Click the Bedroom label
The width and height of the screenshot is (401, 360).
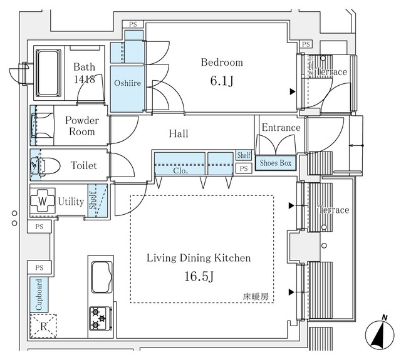point(221,63)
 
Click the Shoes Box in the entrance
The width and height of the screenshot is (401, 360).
point(276,163)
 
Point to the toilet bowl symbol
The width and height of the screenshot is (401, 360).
point(48,165)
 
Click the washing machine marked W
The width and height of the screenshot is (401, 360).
point(43,202)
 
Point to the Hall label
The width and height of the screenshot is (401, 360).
point(178,133)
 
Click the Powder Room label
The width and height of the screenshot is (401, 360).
point(82,126)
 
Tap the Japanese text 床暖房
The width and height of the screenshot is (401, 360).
point(256,297)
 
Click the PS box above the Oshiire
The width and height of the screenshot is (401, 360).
point(133,24)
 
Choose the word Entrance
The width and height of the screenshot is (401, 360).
point(281,127)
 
